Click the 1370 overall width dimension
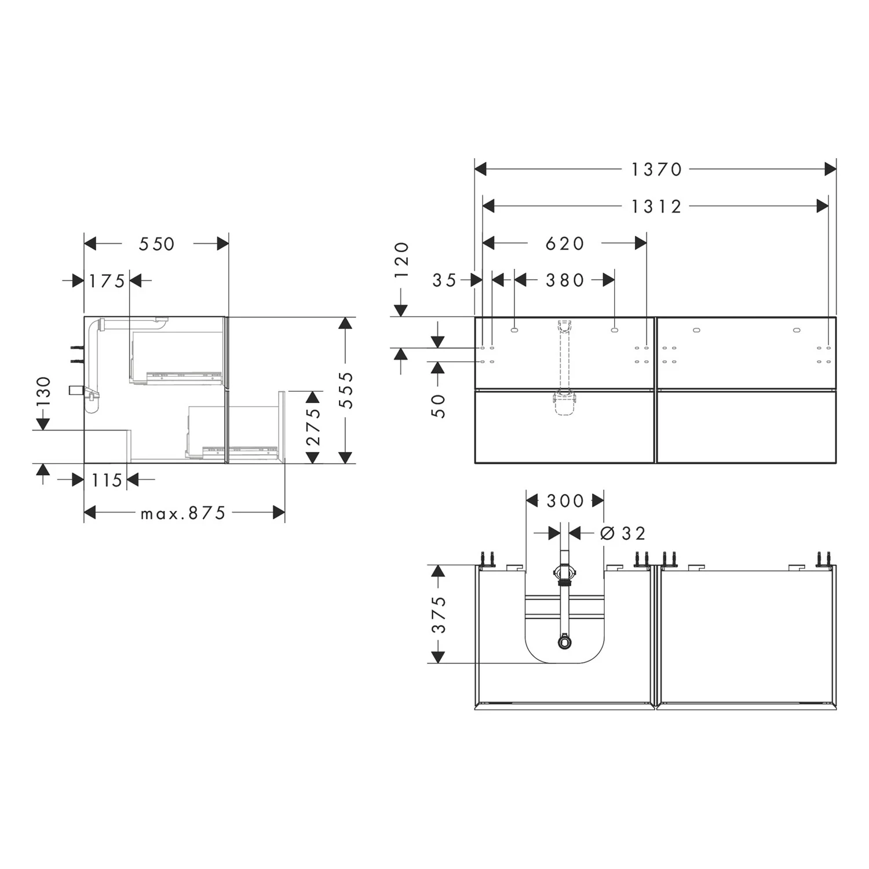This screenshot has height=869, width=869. click(x=656, y=170)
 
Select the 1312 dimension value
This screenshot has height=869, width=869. click(x=656, y=206)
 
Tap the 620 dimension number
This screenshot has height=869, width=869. click(x=565, y=243)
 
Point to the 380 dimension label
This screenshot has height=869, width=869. click(x=565, y=280)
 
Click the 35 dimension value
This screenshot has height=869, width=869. click(x=445, y=280)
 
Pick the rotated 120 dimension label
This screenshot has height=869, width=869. click(x=401, y=261)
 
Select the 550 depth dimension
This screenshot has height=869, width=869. click(x=156, y=244)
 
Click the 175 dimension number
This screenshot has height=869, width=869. click(x=107, y=281)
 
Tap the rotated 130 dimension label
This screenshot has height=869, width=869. click(x=43, y=392)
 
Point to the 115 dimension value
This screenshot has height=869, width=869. click(x=107, y=480)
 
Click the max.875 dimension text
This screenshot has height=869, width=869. click(x=183, y=513)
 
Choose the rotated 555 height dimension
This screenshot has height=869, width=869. click(x=346, y=390)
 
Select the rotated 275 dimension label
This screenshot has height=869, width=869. click(x=313, y=426)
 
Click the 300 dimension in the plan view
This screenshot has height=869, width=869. click(x=565, y=501)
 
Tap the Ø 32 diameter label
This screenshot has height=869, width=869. click(x=623, y=533)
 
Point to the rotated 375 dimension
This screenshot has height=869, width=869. click(x=439, y=614)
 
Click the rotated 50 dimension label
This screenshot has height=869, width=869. click(x=439, y=406)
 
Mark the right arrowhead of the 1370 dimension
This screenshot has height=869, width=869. click(x=830, y=169)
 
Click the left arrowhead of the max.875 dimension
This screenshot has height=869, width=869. click(x=90, y=513)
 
